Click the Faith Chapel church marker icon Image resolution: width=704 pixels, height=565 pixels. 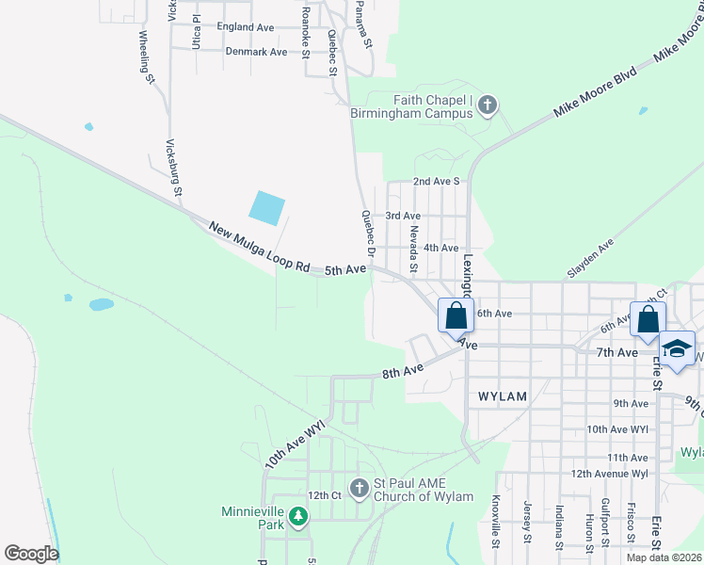coord(488,105)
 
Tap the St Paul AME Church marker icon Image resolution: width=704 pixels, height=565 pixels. coord(359,488)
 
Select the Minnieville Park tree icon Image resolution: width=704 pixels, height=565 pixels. coord(298,516)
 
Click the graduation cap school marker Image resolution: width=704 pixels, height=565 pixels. coord(675,348)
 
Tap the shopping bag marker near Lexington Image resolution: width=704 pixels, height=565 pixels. coord(456,315)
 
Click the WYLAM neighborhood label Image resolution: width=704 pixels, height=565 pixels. coord(502,396)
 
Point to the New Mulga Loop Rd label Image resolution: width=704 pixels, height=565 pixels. coord(259,248)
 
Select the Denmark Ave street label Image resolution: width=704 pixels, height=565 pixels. coord(256,52)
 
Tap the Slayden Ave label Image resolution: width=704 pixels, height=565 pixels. coord(590,257)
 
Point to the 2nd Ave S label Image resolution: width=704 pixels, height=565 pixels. coord(436,181)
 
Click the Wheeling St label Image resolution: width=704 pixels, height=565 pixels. coord(146,58)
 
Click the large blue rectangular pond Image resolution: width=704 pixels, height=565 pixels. coord(267,208)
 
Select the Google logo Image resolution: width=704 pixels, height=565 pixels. coord(31,554)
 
